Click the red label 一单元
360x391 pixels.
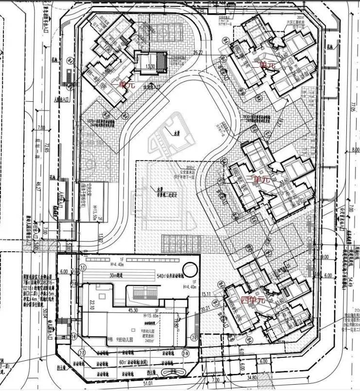pos(123,85)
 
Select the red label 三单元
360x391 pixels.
pos(258,179)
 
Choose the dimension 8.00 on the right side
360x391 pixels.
pos(354,150)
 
